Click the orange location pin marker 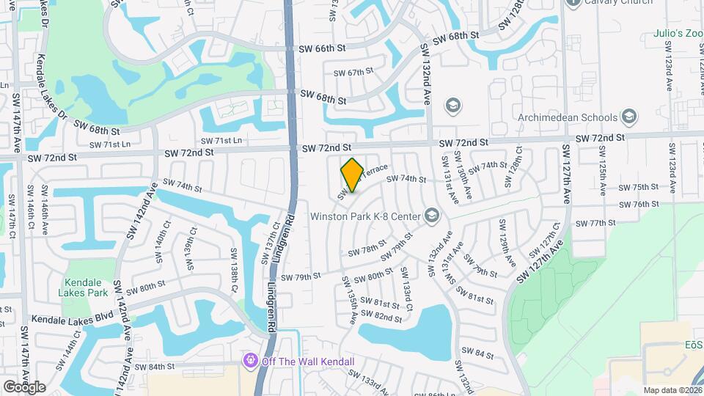pyautogui.click(x=352, y=175)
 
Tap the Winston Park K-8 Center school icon pyautogui.click(x=431, y=215)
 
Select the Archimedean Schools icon pyautogui.click(x=628, y=117)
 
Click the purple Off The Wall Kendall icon pyautogui.click(x=251, y=361)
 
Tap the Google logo pyautogui.click(x=24, y=386)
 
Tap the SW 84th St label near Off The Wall pyautogui.click(x=155, y=366)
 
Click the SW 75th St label pyautogui.click(x=634, y=188)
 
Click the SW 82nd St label pyautogui.click(x=388, y=317)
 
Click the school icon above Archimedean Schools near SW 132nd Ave pyautogui.click(x=452, y=105)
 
